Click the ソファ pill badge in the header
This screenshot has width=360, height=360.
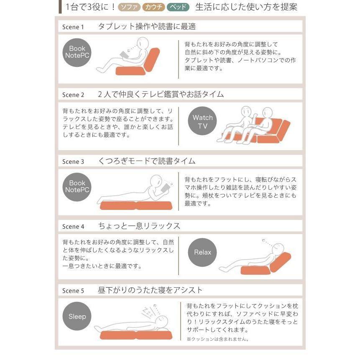[129, 7]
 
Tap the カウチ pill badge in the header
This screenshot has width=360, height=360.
[153, 7]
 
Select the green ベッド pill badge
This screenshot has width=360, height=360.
[178, 7]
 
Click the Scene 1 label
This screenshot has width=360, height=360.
[73, 27]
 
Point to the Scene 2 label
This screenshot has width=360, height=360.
[73, 95]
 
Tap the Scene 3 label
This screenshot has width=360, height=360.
[73, 162]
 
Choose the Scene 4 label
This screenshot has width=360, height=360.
[73, 227]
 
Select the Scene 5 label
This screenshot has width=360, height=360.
[73, 291]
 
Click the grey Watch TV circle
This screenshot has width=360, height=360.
[202, 121]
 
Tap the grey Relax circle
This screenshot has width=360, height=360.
[202, 252]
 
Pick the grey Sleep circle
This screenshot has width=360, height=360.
[77, 317]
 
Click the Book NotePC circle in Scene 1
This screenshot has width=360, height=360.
[77, 53]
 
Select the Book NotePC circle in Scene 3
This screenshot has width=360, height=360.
[77, 187]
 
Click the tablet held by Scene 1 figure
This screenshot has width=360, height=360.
[124, 55]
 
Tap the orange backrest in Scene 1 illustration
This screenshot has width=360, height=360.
[152, 60]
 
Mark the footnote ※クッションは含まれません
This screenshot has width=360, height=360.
[218, 339]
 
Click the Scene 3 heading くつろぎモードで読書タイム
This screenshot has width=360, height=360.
[147, 161]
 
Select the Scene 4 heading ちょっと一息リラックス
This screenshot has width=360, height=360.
[139, 226]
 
